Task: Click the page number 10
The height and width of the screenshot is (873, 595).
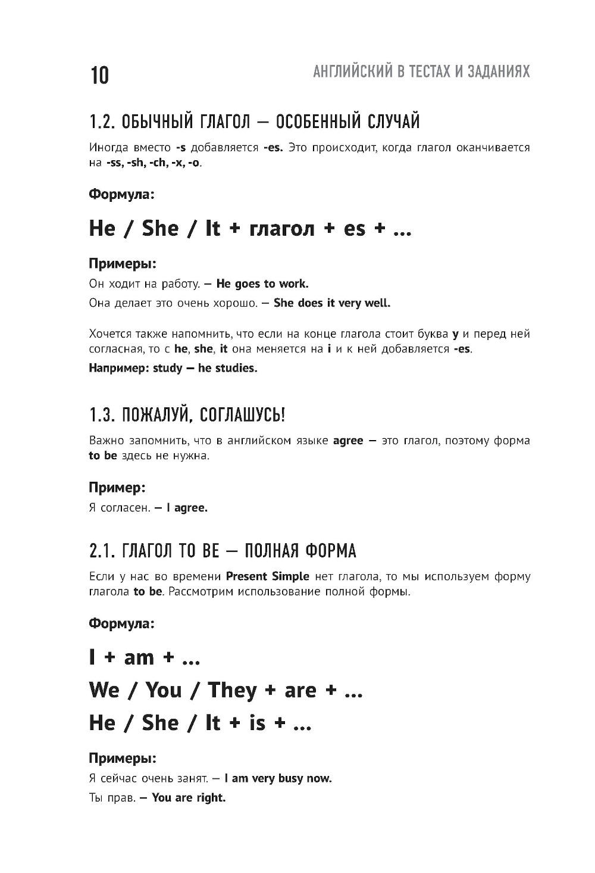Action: tap(100, 76)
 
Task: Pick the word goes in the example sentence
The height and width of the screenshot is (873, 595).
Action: tap(247, 283)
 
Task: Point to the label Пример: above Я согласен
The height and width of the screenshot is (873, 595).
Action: tap(117, 488)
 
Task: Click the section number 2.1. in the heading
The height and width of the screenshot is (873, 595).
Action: tap(101, 551)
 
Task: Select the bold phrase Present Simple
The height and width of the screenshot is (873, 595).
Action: tap(268, 576)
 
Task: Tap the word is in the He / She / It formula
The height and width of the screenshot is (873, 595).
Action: tap(257, 723)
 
